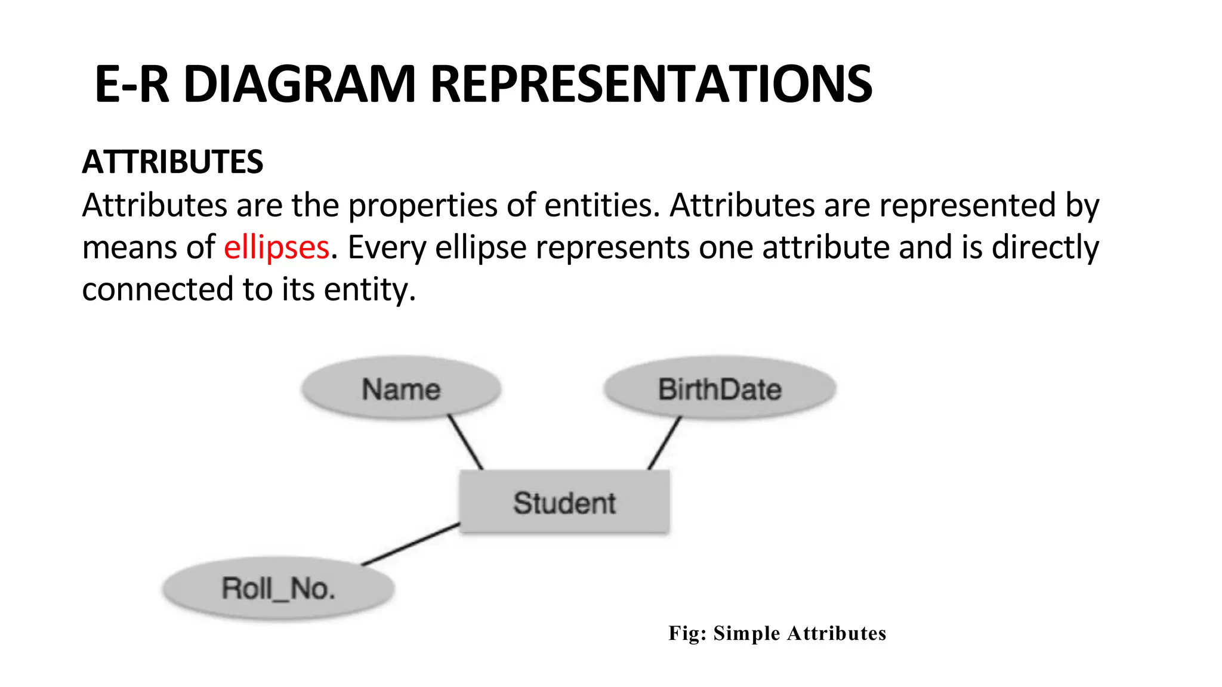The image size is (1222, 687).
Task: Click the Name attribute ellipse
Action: point(401,389)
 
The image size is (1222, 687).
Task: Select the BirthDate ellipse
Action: point(720,389)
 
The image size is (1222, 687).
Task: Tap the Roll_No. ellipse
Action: point(278,589)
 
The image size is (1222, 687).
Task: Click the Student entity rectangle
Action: point(564,502)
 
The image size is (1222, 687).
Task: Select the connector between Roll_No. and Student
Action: point(411,544)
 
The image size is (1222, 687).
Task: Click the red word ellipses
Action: point(276,247)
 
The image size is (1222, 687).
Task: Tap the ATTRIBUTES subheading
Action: point(172,162)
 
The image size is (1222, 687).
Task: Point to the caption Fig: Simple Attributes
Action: point(777,633)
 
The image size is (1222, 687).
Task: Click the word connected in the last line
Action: point(158,289)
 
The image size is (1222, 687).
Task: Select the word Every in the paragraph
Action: point(387,247)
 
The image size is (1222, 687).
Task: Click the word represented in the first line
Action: point(967,206)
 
